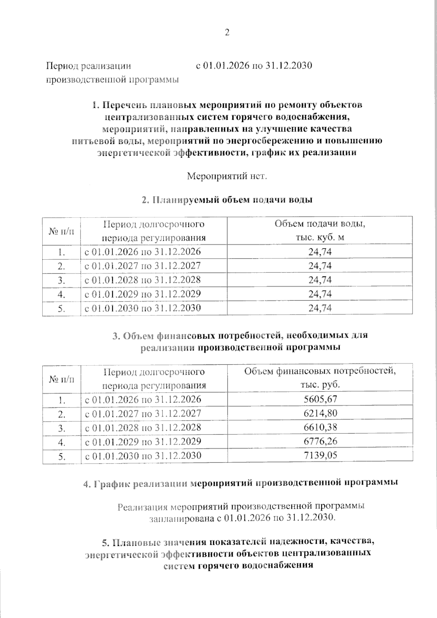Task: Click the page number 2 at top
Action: coord(227,33)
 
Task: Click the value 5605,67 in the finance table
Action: coord(320,399)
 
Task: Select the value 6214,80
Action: coord(320,413)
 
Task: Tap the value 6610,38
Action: coord(320,427)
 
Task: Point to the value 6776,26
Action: coord(320,441)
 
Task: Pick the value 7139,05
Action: coord(320,455)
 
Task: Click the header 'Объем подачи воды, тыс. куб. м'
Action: coord(320,231)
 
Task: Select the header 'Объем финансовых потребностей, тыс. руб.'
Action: coord(320,378)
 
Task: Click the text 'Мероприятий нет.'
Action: coord(227,176)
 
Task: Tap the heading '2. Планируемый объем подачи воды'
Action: coord(227,200)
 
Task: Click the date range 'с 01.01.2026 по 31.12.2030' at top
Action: coord(254,66)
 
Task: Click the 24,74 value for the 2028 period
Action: coord(320,280)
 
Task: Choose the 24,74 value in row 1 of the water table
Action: coord(320,252)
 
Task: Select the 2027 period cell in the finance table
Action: coord(143,413)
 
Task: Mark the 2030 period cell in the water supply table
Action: coord(142,308)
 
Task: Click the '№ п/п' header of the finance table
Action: coord(61,379)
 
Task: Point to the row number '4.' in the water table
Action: coord(61,294)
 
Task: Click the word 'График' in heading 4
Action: coord(111,484)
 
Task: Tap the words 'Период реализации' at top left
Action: coord(88,66)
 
